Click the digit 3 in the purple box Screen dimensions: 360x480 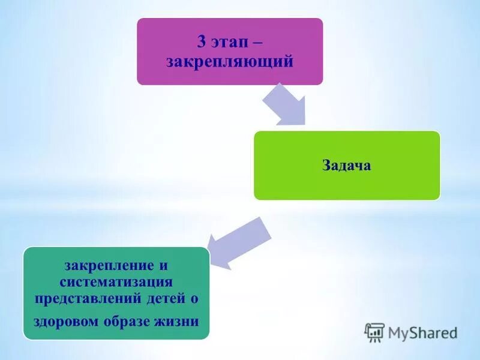tap(202, 42)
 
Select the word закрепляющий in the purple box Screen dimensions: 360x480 tap(230, 61)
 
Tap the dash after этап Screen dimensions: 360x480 tap(256, 43)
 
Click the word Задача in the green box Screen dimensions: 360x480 tap(346, 166)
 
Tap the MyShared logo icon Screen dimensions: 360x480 tap(374, 332)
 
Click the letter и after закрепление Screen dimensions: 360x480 tap(163, 265)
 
